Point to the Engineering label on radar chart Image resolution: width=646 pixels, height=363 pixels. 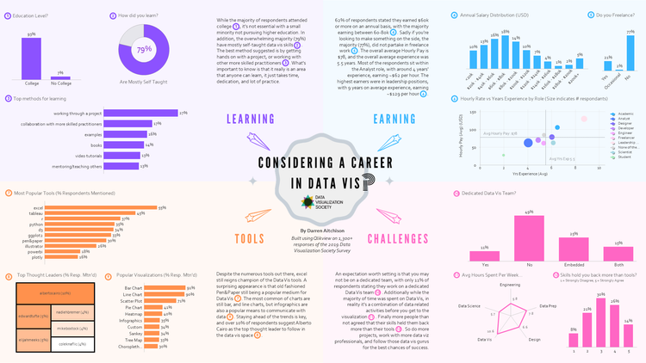[x=505, y=283]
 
